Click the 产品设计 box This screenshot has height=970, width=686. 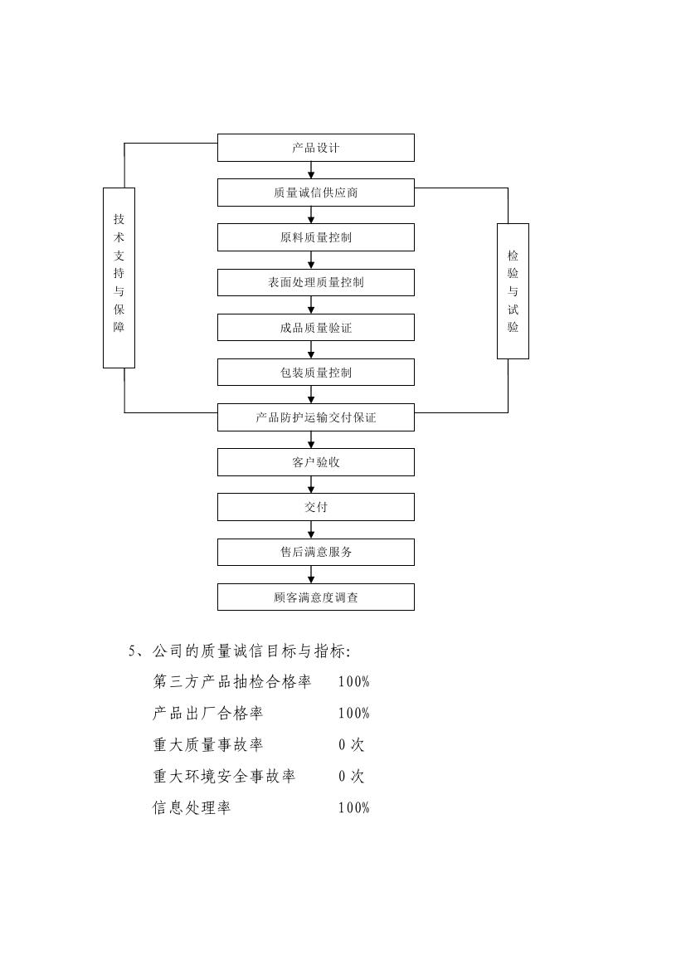tap(315, 148)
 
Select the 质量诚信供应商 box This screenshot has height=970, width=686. tap(315, 193)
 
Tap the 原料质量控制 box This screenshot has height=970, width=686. tap(315, 237)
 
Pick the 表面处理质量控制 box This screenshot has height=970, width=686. tap(315, 282)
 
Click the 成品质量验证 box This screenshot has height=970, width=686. tap(315, 328)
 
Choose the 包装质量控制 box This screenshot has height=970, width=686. tap(315, 373)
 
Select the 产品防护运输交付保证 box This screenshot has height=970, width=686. tap(315, 417)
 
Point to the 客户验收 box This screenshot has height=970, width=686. tap(315, 462)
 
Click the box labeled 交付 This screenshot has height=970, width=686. tap(315, 507)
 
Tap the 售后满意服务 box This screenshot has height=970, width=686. tap(315, 552)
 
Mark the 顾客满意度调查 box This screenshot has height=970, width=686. tap(315, 597)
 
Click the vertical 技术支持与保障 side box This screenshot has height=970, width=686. tap(119, 277)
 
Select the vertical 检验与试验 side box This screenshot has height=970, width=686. tap(513, 290)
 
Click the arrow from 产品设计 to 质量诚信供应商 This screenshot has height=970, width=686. tap(311, 170)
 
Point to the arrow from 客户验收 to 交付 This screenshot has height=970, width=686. tap(311, 485)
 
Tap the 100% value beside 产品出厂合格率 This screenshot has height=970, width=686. tap(353, 714)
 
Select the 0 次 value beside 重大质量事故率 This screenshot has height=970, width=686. tap(351, 745)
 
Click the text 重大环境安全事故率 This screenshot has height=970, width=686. tap(224, 777)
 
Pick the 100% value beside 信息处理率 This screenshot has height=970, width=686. tap(353, 808)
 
